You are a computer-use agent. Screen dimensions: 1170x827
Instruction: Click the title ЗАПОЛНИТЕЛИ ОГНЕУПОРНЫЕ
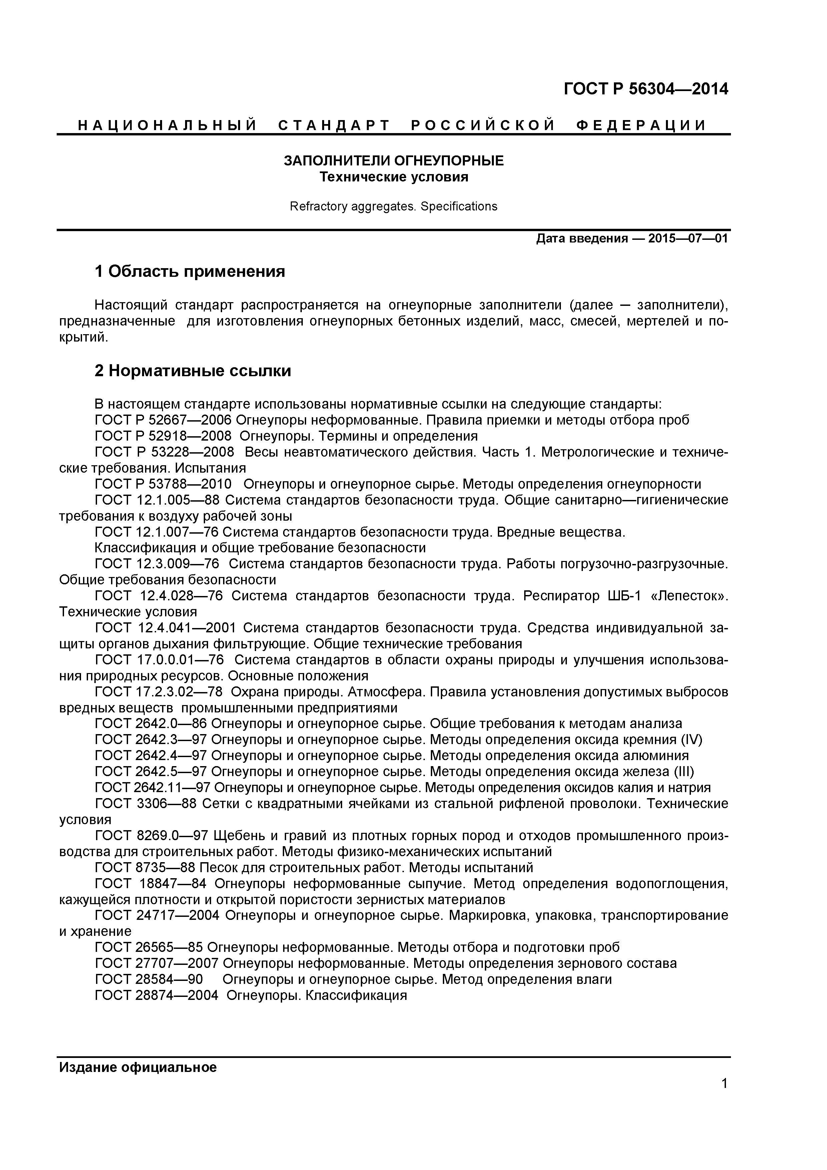click(393, 161)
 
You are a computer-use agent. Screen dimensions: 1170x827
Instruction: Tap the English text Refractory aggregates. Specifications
click(393, 206)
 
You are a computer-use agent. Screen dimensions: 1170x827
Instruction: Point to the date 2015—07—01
click(688, 238)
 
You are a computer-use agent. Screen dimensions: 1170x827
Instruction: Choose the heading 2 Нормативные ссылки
click(193, 371)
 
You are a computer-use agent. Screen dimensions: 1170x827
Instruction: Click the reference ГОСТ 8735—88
click(145, 867)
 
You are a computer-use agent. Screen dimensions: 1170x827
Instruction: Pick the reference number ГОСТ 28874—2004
click(156, 995)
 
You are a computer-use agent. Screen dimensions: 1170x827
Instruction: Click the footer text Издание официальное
click(138, 1068)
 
